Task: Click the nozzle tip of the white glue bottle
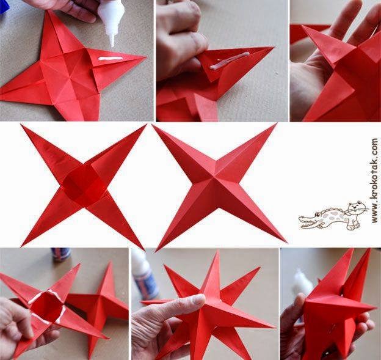click(112, 45)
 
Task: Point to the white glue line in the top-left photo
click(111, 59)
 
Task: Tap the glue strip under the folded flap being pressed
click(230, 61)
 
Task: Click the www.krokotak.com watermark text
click(374, 180)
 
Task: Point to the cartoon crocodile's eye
click(317, 215)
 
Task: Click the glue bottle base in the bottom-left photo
click(60, 254)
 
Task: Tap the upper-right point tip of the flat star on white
click(146, 125)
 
